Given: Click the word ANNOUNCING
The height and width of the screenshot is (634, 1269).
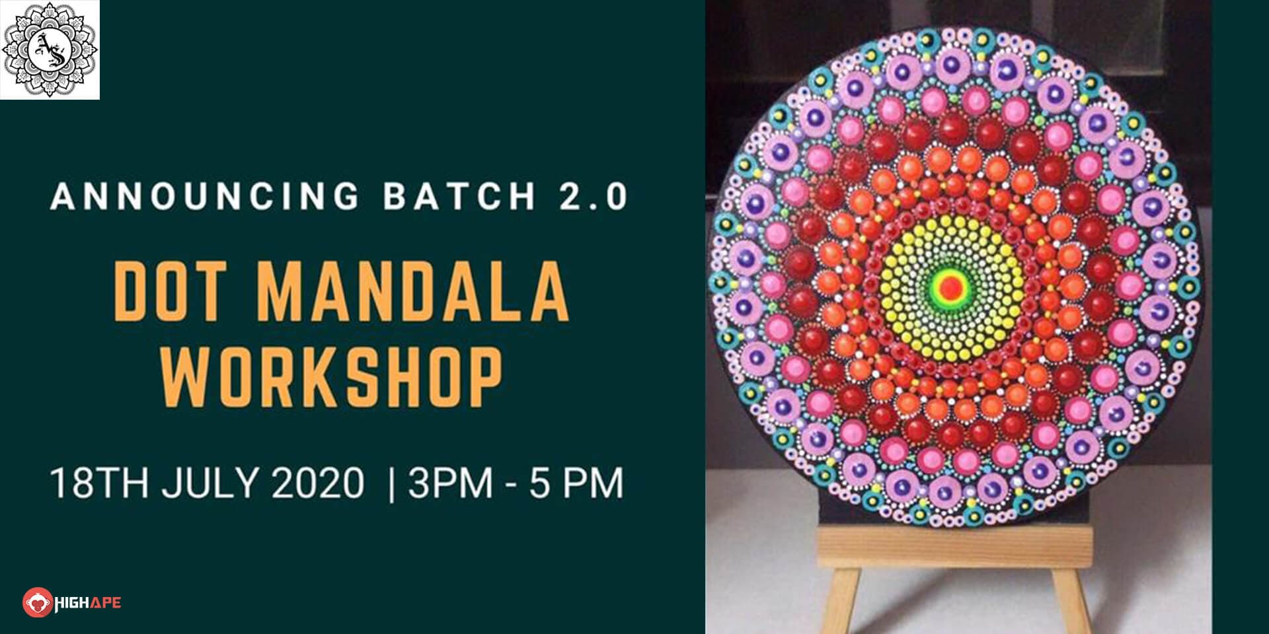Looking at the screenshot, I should click(205, 196).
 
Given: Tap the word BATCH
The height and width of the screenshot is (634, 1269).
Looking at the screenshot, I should click(459, 196).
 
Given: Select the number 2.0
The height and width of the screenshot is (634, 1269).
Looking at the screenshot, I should click(593, 196).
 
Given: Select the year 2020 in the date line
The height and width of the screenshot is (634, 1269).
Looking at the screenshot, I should click(317, 483).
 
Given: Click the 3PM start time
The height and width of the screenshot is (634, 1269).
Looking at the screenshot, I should click(450, 483).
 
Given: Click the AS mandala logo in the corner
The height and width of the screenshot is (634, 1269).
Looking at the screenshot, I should click(50, 50).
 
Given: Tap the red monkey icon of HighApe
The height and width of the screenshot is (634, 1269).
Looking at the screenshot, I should click(38, 602).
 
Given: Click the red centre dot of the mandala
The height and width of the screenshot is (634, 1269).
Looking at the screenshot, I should click(951, 287).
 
